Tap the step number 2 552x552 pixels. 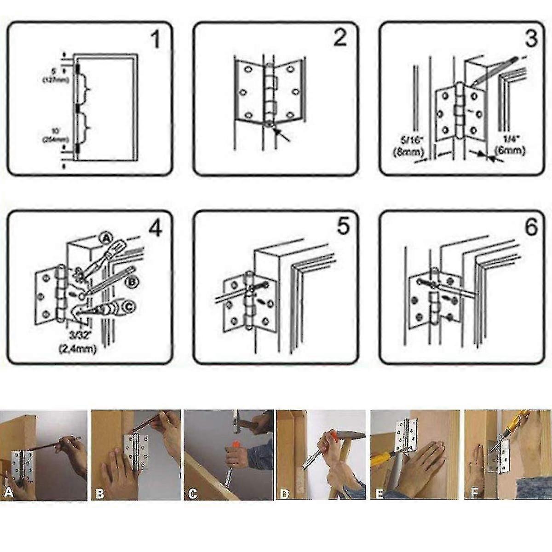tap(339, 37)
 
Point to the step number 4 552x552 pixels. tap(155, 228)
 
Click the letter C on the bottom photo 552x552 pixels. tap(192, 494)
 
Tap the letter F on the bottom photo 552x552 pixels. tap(473, 494)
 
